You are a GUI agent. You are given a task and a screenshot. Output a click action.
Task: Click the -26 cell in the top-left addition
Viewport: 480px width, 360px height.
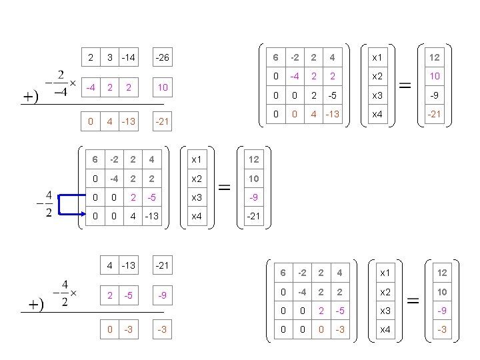pyautogui.click(x=161, y=58)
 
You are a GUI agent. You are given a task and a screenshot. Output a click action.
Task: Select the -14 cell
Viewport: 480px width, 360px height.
pyautogui.click(x=129, y=58)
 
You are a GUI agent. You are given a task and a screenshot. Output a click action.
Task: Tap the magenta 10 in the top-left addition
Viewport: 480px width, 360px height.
pyautogui.click(x=161, y=87)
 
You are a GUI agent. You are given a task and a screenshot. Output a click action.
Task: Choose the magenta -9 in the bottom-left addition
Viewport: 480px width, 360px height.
pyautogui.click(x=161, y=295)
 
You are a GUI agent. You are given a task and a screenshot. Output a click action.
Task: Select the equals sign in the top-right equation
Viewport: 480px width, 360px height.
pyautogui.click(x=404, y=84)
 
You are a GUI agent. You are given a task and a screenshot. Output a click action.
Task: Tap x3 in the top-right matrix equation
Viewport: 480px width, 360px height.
pyautogui.click(x=377, y=95)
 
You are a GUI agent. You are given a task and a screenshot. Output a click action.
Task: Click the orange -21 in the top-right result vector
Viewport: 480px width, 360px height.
pyautogui.click(x=435, y=114)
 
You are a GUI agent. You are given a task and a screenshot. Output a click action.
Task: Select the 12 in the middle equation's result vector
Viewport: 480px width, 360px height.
pyautogui.click(x=254, y=159)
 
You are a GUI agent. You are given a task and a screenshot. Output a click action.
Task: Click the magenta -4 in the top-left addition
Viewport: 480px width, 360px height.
pyautogui.click(x=90, y=87)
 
